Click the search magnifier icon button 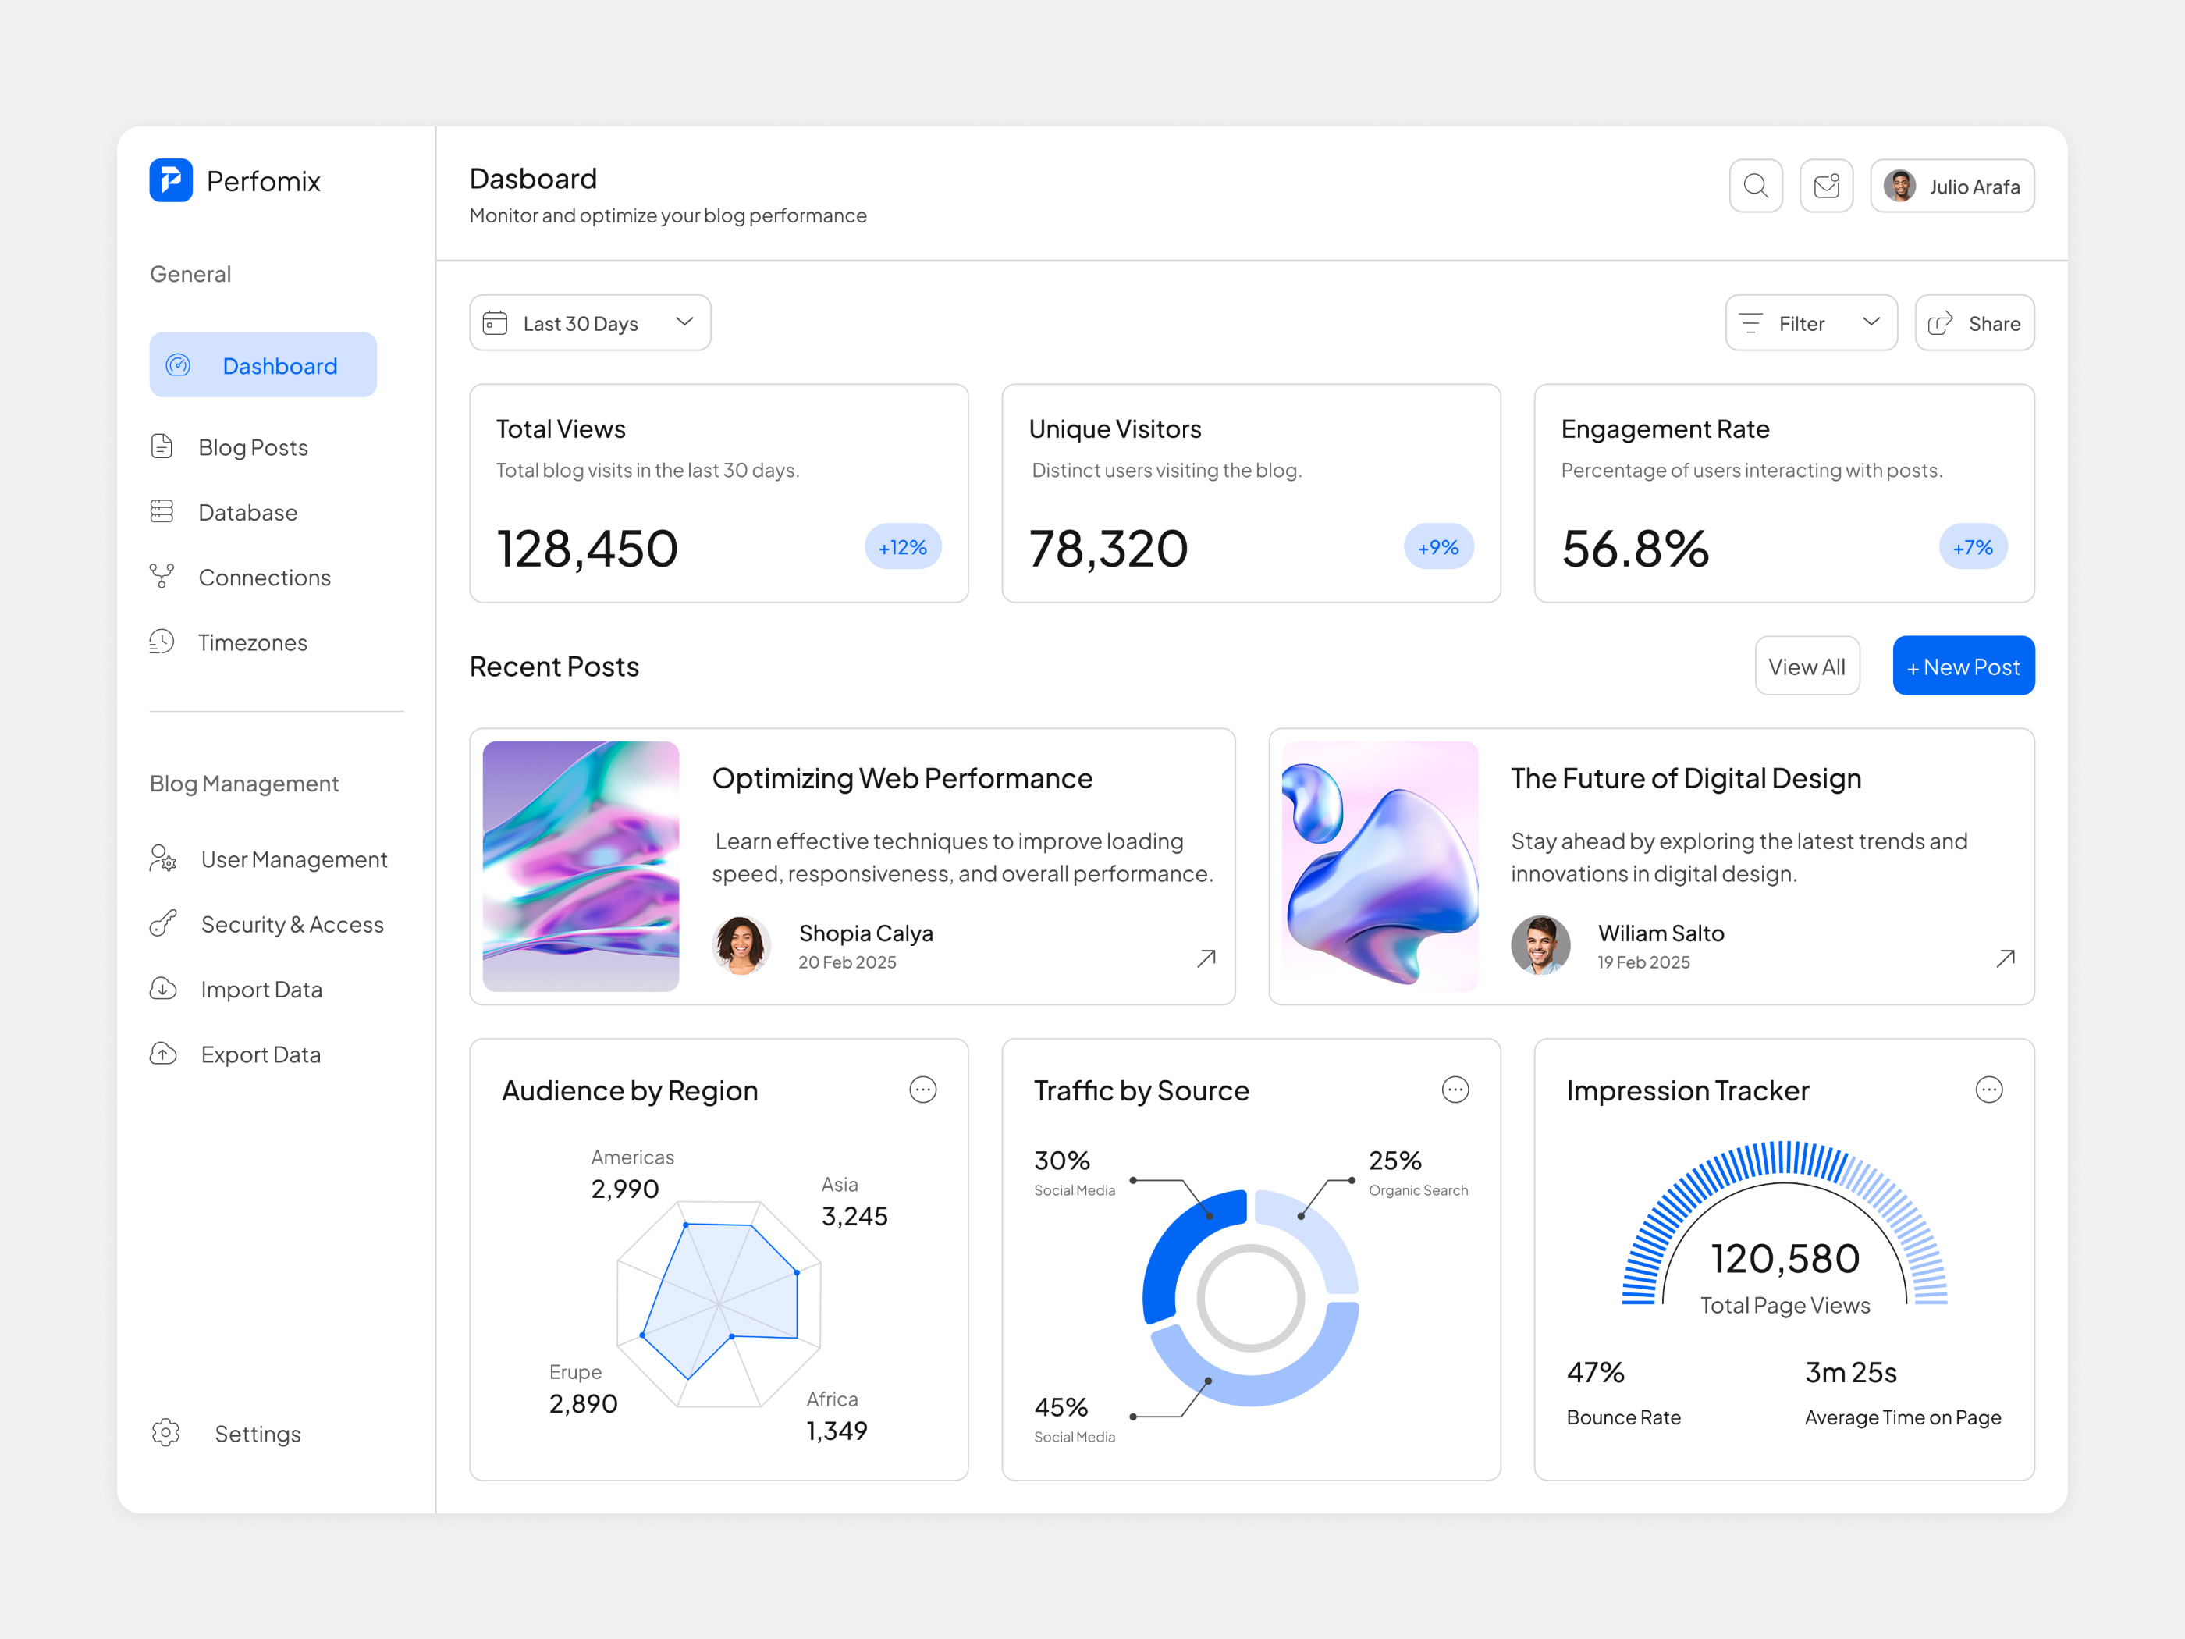1755,186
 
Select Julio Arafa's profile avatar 1899,186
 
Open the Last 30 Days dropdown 590,323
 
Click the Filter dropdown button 1810,323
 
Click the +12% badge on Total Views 902,547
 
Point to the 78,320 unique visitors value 1107,549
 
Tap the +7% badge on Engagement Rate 1972,547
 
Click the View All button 1806,667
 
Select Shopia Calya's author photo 741,945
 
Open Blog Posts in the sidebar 253,447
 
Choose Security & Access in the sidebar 291,925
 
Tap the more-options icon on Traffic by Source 1454,1090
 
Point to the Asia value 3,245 854,1216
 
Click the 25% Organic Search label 1394,1161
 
